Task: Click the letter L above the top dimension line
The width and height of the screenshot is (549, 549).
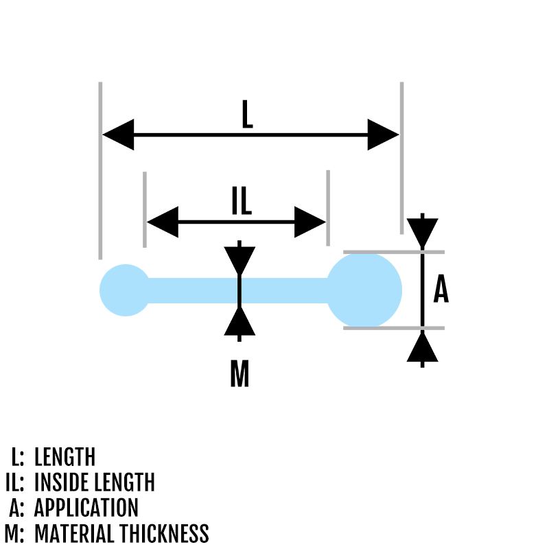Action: [x=248, y=115]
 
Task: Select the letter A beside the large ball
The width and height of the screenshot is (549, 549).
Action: [x=441, y=290]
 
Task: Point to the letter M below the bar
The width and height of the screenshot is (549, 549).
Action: [x=239, y=374]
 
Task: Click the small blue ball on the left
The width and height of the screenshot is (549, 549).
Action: [x=125, y=290]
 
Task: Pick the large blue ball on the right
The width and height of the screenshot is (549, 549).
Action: [x=364, y=290]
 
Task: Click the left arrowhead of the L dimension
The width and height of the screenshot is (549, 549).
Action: [x=118, y=135]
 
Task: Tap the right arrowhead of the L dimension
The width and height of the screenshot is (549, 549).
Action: [x=383, y=135]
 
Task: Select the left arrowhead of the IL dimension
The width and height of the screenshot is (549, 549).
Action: [x=162, y=222]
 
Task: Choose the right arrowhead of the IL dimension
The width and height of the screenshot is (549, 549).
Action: [x=309, y=222]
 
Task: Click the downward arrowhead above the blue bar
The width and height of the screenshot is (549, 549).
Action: [x=239, y=260]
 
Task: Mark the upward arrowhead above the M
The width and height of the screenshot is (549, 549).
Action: [x=239, y=321]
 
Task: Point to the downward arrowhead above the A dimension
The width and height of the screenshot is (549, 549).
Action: [x=422, y=233]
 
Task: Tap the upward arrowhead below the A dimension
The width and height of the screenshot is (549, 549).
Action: [x=422, y=347]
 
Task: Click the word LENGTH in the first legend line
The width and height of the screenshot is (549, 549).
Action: [x=65, y=457]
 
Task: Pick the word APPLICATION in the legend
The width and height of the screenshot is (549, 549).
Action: [x=86, y=508]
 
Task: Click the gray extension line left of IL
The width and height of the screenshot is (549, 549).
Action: [x=144, y=209]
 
